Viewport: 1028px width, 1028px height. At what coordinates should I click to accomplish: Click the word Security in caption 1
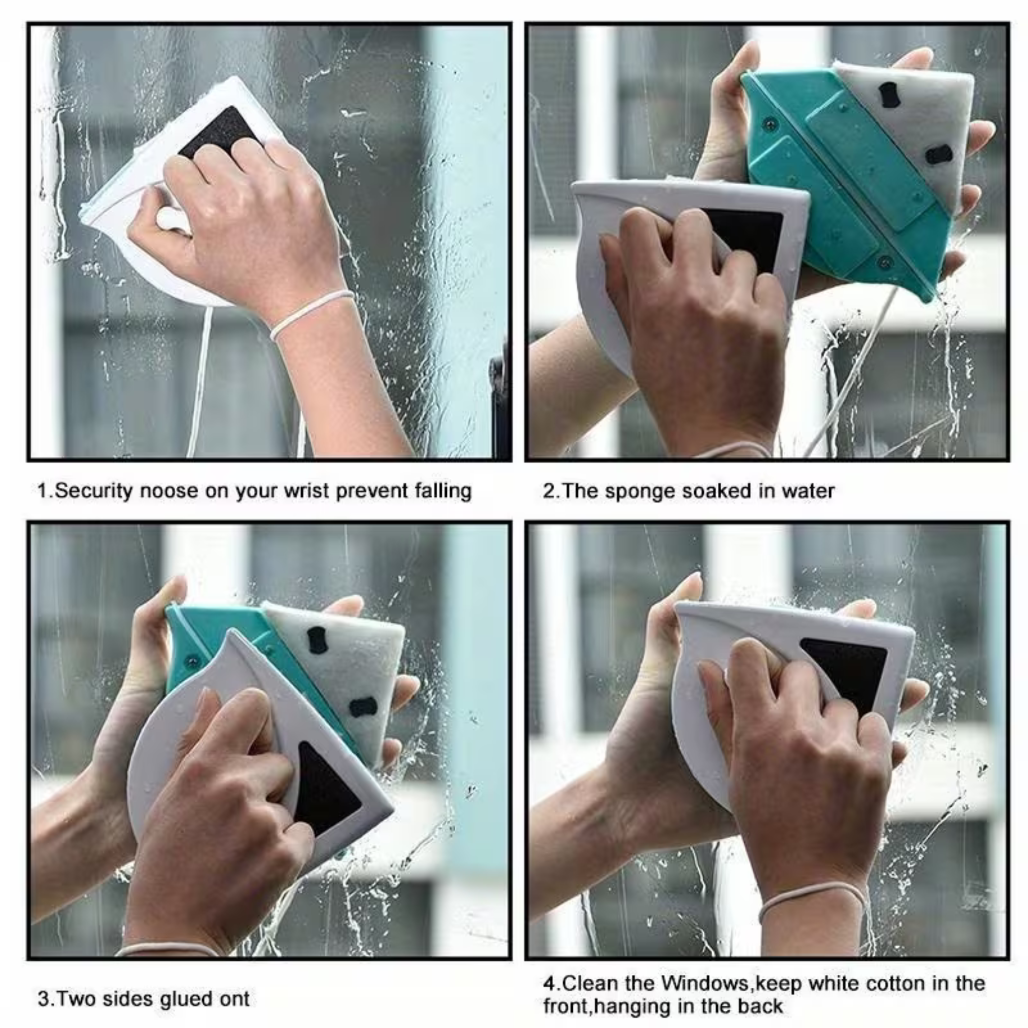pyautogui.click(x=93, y=490)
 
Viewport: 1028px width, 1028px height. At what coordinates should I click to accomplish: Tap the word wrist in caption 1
pyautogui.click(x=307, y=490)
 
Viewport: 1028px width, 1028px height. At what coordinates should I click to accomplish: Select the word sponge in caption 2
pyautogui.click(x=640, y=490)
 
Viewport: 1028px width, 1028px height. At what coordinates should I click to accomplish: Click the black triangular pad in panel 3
pyautogui.click(x=325, y=793)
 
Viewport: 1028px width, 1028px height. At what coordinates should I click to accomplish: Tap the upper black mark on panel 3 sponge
pyautogui.click(x=317, y=640)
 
